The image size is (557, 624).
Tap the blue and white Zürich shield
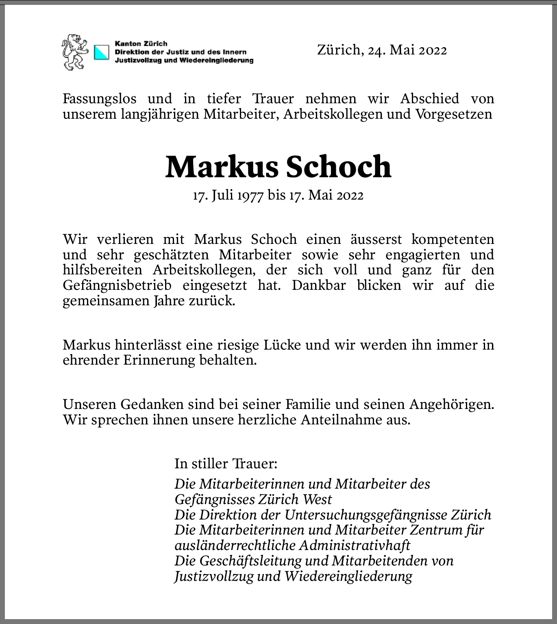pos(102,52)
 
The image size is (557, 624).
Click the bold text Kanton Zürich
pos(141,43)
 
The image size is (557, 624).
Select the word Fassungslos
pos(100,98)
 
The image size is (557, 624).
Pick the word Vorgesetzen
pos(453,114)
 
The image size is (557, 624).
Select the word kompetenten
pos(453,239)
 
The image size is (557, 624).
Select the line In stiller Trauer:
pos(226,463)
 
